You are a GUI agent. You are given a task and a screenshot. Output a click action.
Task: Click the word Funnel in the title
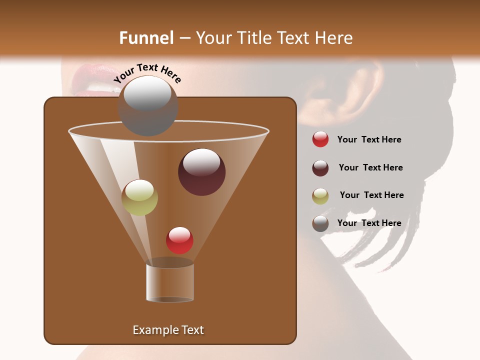point(146,38)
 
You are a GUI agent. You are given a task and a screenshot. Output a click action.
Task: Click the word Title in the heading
point(253,38)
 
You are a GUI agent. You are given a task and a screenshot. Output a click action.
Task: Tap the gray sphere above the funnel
point(148,106)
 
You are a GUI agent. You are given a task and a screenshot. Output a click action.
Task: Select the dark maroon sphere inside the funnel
point(201,172)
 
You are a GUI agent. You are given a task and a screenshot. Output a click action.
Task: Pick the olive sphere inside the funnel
point(139,197)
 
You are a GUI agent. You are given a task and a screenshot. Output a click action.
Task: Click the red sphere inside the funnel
point(179,240)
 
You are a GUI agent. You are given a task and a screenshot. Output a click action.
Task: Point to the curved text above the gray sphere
point(147,73)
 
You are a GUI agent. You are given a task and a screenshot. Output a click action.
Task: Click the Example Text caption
point(168,330)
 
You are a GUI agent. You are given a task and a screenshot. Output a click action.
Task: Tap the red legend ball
point(320,139)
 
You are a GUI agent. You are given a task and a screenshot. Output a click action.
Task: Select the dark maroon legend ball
point(320,168)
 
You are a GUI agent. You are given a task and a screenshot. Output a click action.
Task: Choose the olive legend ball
point(320,196)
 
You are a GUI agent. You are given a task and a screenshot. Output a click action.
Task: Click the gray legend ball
point(320,223)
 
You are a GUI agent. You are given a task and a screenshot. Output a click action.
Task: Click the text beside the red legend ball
point(369,139)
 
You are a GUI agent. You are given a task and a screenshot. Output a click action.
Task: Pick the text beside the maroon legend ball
point(370,167)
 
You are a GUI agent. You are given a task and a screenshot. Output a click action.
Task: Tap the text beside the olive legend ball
point(371,195)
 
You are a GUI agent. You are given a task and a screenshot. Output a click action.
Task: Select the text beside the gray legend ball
point(369,223)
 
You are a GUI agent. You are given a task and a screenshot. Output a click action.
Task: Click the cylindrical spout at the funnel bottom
point(170,282)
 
